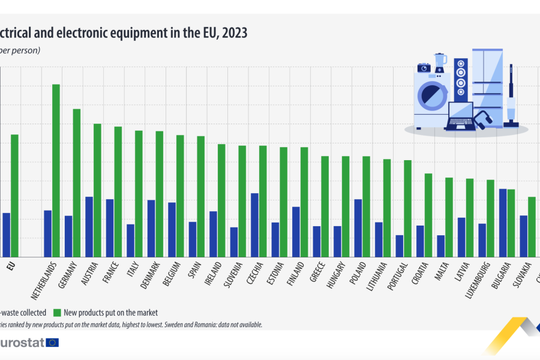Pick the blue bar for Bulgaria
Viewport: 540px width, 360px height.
pos(503,223)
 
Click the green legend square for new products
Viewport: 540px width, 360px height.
pos(58,313)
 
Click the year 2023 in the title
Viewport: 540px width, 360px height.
pos(235,32)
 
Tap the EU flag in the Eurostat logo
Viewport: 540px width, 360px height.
pos(53,343)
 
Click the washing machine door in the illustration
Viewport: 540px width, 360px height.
pos(431,95)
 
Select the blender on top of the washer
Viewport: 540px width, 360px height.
pos(441,64)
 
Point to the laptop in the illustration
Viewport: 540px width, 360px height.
pos(460,118)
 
